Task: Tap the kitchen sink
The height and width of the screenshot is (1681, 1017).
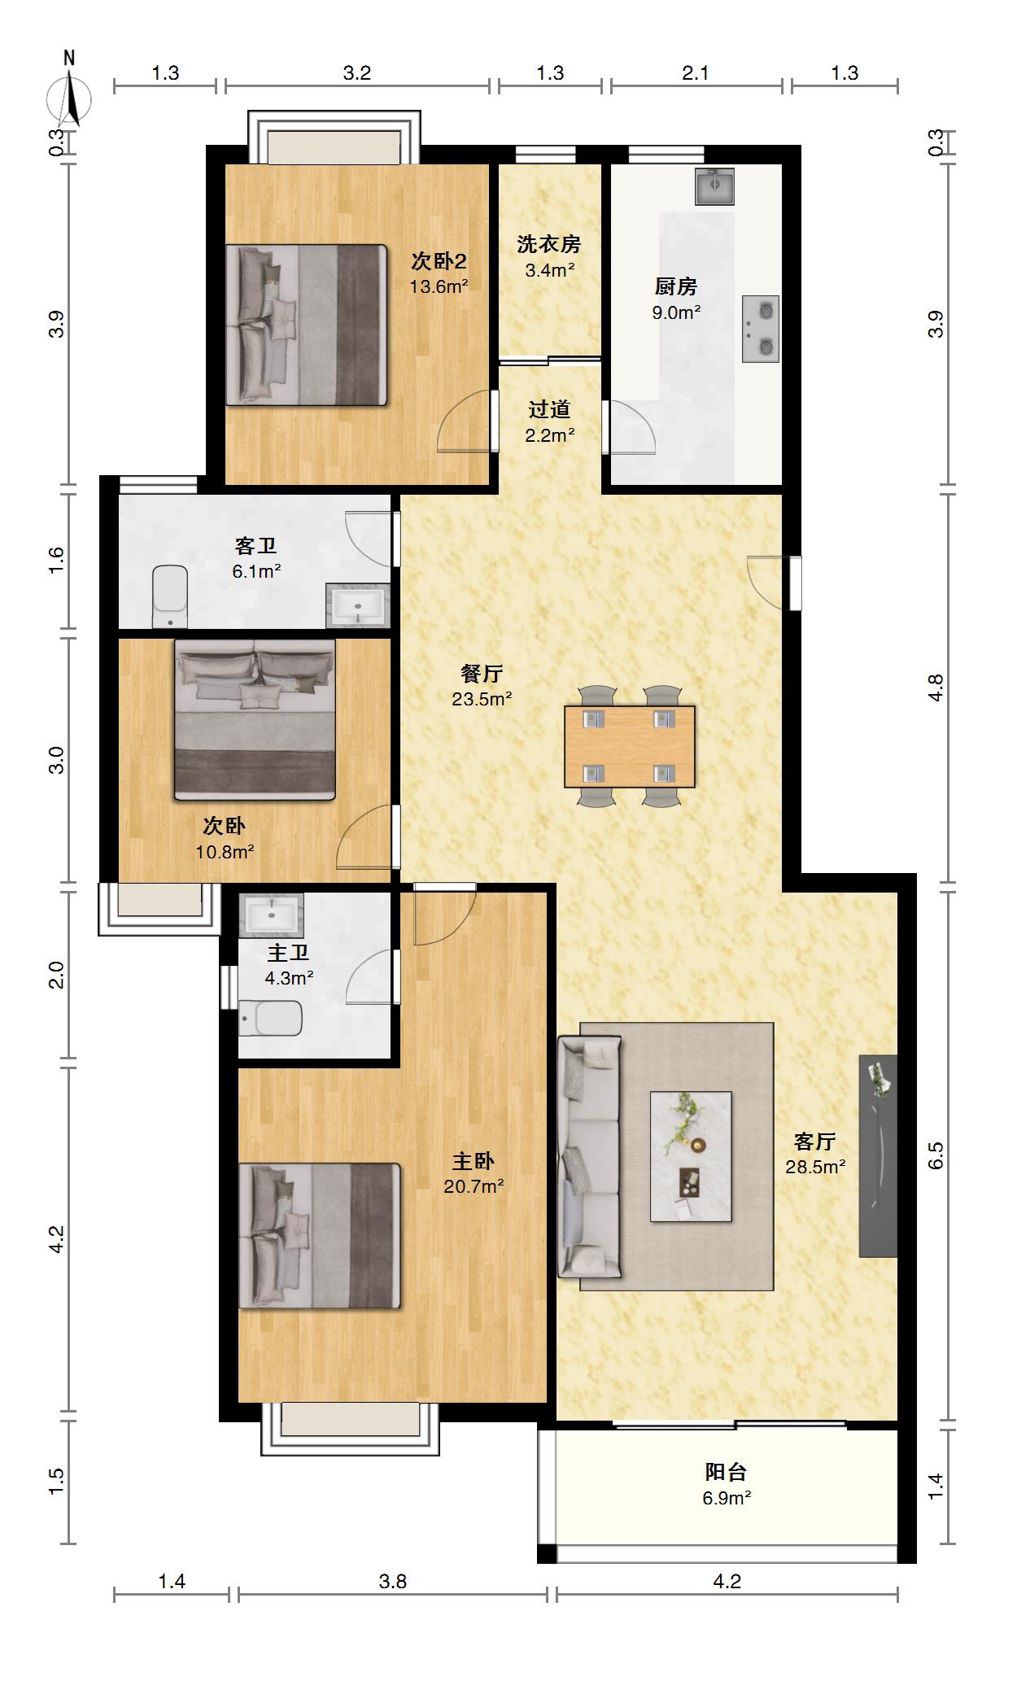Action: [714, 186]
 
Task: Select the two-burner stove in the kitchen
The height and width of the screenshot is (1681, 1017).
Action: [760, 329]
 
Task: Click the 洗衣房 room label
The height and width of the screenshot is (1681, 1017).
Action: [549, 243]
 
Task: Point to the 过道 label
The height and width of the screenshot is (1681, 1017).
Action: [549, 409]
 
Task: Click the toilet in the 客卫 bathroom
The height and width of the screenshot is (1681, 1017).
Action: [170, 596]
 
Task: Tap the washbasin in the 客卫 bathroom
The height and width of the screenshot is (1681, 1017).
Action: [358, 606]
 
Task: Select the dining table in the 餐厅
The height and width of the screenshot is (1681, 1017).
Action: [630, 746]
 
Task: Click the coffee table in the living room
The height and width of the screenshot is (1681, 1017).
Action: [691, 1156]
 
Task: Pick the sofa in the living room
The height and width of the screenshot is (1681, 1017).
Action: [590, 1156]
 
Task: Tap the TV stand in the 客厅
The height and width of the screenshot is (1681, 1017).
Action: [878, 1156]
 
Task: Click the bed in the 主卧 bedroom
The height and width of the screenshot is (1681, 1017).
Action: [320, 1236]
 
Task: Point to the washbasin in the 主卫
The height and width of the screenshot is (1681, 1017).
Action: [271, 916]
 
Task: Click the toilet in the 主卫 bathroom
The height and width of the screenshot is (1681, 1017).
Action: [271, 1018]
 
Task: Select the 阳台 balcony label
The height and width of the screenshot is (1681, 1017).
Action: [726, 1472]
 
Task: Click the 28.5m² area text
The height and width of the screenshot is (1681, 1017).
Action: [815, 1167]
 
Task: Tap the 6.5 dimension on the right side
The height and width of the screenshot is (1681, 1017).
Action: [936, 1155]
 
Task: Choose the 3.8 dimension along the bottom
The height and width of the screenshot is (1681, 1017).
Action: [393, 1581]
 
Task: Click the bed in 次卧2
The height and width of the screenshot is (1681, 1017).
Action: [306, 325]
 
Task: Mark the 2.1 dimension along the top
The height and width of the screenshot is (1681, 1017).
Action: [696, 73]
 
